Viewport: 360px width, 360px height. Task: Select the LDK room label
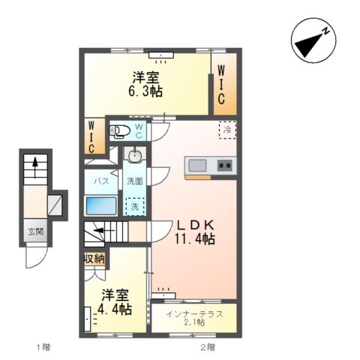196,224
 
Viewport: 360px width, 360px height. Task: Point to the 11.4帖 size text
196,239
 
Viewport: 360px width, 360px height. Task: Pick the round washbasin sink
135,156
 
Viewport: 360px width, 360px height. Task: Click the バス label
100,181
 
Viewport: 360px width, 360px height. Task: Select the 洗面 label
134,181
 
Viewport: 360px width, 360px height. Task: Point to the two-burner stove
224,165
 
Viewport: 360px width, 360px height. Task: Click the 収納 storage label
94,259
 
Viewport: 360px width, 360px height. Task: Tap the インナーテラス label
195,313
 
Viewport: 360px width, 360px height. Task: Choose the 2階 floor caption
208,347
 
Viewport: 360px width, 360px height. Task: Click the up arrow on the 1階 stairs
32,164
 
